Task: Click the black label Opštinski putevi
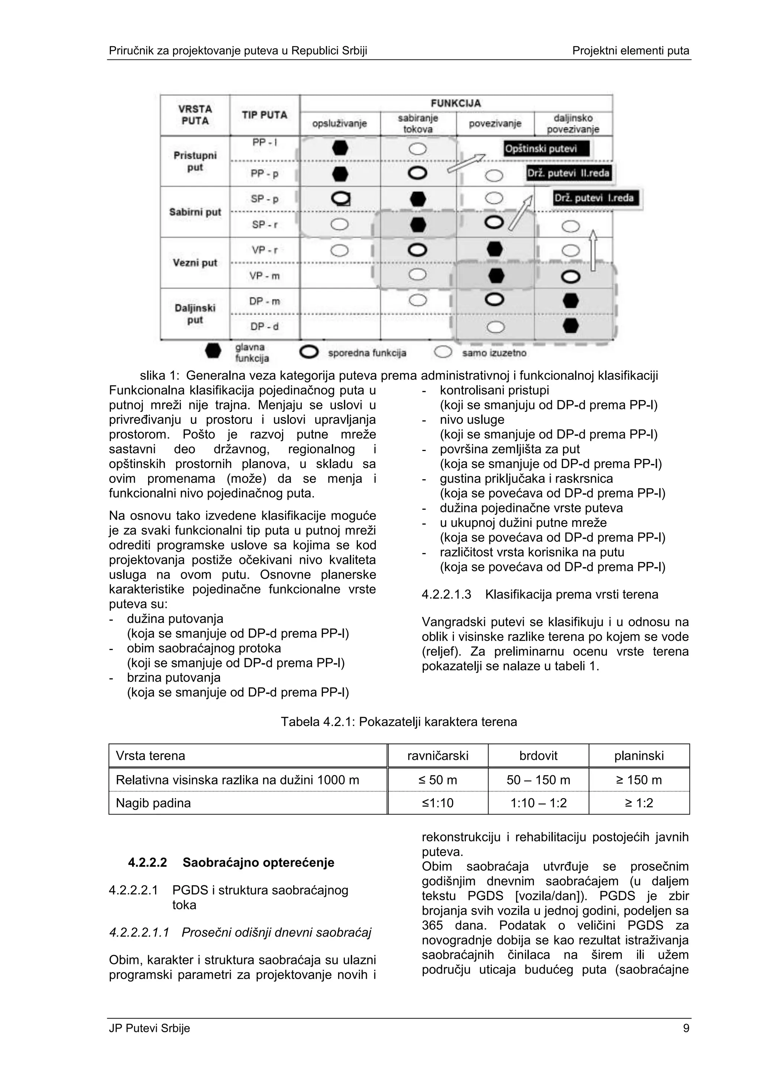pyautogui.click(x=545, y=149)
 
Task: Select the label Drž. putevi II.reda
pyautogui.click(x=569, y=173)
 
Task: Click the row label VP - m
pyautogui.click(x=264, y=276)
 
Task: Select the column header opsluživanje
pyautogui.click(x=339, y=124)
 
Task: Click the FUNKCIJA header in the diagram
pyautogui.click(x=456, y=103)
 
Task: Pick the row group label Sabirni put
pyautogui.click(x=195, y=212)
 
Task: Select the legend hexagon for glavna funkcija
pyautogui.click(x=213, y=351)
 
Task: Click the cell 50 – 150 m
pyautogui.click(x=538, y=780)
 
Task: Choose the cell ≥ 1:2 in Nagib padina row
pyautogui.click(x=638, y=803)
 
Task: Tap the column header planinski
pyautogui.click(x=638, y=755)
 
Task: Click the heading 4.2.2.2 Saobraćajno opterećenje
pyautogui.click(x=231, y=863)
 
